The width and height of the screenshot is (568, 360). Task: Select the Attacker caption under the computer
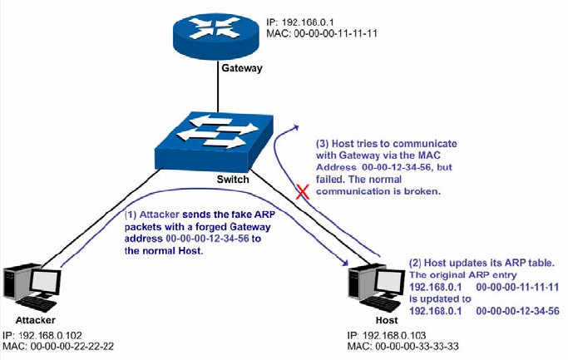tap(36, 319)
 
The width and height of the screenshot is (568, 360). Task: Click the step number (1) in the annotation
tap(131, 213)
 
